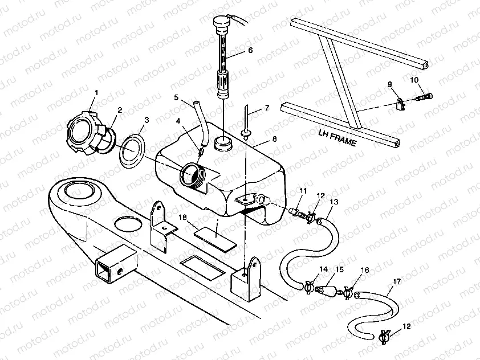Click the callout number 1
pyautogui.click(x=96, y=92)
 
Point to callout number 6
pyautogui.click(x=250, y=50)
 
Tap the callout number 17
pyautogui.click(x=395, y=281)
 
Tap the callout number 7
pyautogui.click(x=266, y=108)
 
